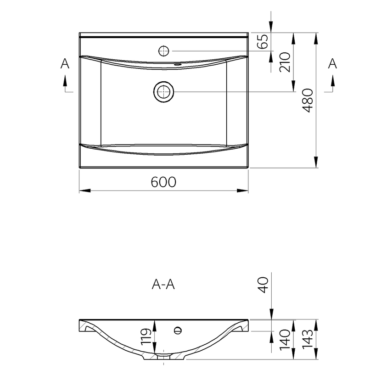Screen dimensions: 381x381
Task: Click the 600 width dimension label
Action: (163, 182)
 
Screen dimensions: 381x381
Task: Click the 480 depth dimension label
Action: (308, 101)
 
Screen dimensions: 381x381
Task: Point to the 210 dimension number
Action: (285, 62)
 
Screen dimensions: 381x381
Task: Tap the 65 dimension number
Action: (263, 42)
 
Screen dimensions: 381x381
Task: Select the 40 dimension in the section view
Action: (263, 285)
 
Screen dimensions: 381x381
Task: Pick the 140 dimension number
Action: (285, 340)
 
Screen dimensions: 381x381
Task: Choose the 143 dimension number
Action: (308, 339)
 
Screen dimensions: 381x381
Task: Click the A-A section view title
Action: (163, 284)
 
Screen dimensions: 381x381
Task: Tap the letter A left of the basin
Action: (65, 64)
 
